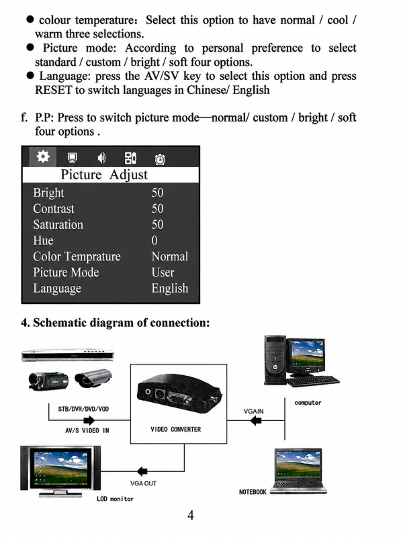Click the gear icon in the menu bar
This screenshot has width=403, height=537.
coord(43,156)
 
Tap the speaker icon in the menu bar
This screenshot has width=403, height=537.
coord(102,158)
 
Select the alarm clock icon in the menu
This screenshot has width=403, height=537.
coord(160,159)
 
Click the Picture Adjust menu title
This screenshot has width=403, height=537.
coord(104,175)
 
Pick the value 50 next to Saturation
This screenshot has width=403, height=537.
coord(157,225)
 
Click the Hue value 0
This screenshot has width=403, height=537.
coord(154,240)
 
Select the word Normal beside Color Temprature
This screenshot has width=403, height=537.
coord(170,256)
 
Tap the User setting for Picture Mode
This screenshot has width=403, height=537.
coord(163,273)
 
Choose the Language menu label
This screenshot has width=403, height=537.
coord(57,289)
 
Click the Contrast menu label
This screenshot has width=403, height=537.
coord(54,209)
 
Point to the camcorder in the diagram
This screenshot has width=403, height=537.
coord(48,381)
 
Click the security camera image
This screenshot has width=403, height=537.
coord(93,378)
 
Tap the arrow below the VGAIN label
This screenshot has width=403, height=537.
coord(256,421)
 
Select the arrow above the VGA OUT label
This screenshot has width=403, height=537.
coord(142,471)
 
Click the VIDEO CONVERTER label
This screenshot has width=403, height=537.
coord(176,429)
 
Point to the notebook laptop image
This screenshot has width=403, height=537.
coord(298,471)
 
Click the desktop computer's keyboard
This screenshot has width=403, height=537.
coord(312,381)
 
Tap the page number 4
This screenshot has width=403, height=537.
coord(191,516)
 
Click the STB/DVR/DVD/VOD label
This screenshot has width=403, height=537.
coord(83,409)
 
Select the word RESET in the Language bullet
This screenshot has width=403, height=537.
coord(54,90)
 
